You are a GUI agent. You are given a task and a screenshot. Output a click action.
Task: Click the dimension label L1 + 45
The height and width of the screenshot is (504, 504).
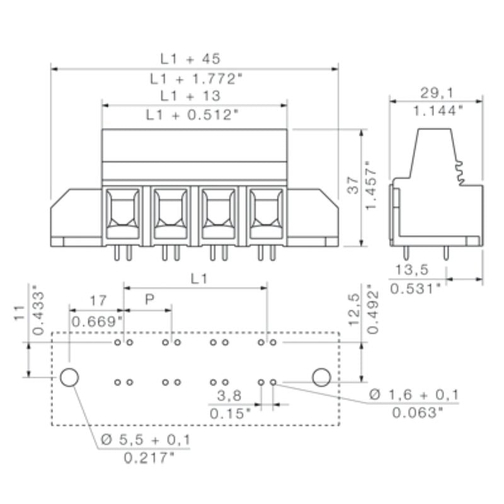click(x=190, y=59)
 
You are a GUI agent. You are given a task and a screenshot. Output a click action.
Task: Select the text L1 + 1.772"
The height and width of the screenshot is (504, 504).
click(x=196, y=79)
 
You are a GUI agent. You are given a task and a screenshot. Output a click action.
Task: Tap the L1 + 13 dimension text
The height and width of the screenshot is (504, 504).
click(x=190, y=96)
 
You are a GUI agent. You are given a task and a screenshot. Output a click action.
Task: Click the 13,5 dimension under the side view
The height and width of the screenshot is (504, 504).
click(x=411, y=270)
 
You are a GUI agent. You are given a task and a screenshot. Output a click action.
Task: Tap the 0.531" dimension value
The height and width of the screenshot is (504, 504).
click(x=415, y=289)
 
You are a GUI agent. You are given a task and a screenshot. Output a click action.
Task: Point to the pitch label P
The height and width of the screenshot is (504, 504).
click(x=149, y=299)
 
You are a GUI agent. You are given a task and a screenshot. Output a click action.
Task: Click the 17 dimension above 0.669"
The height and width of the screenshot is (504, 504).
click(x=98, y=300)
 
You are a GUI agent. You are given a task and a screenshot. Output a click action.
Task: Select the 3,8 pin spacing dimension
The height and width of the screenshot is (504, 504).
click(x=228, y=396)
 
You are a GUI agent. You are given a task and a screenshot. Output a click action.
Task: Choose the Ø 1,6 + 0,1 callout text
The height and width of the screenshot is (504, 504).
click(x=414, y=395)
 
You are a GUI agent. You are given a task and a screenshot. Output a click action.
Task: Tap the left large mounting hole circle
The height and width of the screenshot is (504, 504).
click(x=69, y=377)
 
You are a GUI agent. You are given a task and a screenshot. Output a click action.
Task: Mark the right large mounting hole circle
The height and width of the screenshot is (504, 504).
click(x=321, y=377)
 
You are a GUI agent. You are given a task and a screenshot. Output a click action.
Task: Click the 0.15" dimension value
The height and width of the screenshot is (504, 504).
click(x=230, y=414)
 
